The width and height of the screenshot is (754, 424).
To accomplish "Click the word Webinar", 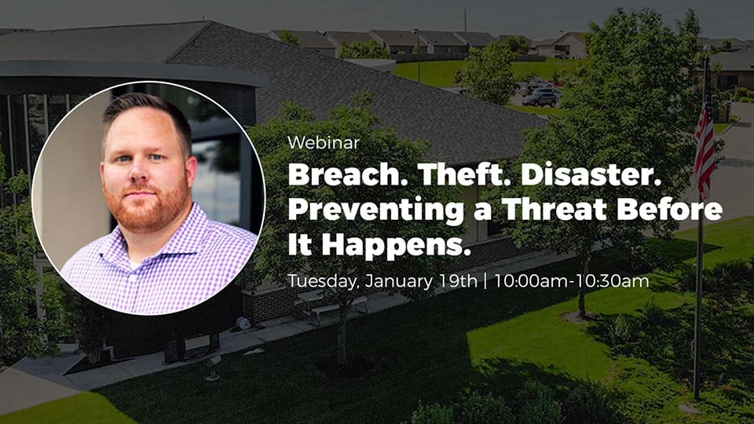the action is point(324,143).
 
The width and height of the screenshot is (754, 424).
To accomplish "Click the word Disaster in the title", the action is point(591,175).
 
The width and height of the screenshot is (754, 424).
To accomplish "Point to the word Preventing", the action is point(376,210).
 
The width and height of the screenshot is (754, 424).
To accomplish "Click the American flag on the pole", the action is point(704,144).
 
